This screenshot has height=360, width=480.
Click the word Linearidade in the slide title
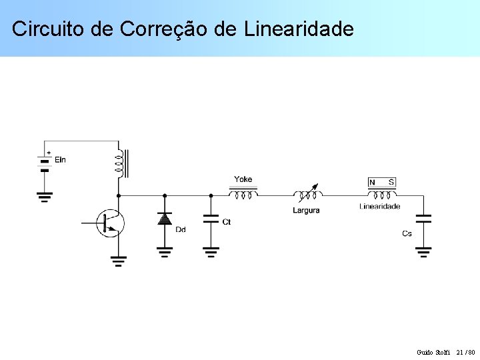coord(299,29)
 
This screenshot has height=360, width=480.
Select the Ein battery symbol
coord(45,162)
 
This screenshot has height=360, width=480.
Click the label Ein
coord(61,159)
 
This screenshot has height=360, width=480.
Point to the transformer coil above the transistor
coord(121,163)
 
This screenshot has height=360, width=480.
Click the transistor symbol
coord(109,223)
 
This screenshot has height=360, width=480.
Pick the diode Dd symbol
coord(165,218)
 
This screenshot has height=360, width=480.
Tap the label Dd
coord(181,229)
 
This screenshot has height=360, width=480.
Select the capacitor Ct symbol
coord(211,218)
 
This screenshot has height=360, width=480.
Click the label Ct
coord(227,222)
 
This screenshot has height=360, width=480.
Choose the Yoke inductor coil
coord(243,194)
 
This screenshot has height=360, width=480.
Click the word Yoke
coord(243,179)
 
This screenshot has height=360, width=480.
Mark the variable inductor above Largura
coord(307,194)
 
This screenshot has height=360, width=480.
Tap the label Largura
coord(306,211)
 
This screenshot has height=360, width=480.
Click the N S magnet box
coord(382,182)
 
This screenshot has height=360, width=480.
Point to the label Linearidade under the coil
coord(380,207)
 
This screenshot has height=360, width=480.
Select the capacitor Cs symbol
coord(423,218)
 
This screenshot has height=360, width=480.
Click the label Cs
coord(407,233)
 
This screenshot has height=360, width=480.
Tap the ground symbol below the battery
coord(45,196)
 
